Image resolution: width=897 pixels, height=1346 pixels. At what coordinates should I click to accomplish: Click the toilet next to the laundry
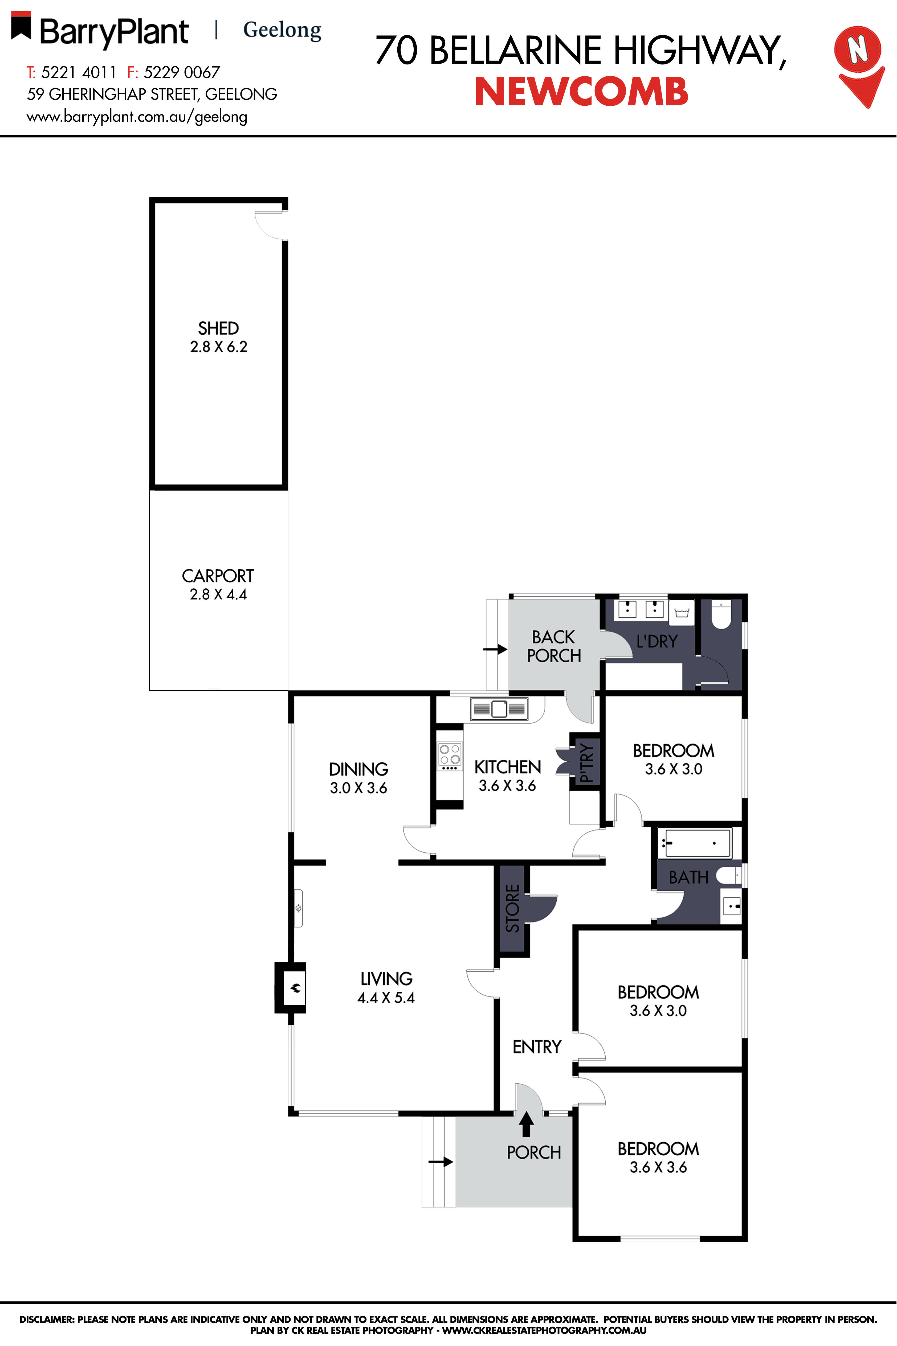click(x=721, y=615)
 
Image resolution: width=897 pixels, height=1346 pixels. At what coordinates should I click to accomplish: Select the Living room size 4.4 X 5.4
click(x=386, y=998)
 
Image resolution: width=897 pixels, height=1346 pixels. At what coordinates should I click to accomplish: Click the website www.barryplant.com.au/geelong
click(x=137, y=117)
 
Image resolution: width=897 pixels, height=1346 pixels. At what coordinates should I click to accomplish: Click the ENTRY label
click(x=537, y=1047)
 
